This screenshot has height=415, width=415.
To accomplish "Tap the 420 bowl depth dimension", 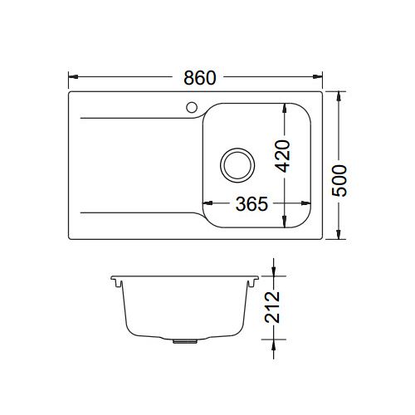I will tap(284, 155).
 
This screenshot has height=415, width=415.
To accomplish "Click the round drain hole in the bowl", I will tap(237, 163).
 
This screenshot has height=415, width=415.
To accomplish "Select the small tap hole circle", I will tap(190, 106).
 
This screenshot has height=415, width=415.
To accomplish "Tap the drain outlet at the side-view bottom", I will tap(180, 339).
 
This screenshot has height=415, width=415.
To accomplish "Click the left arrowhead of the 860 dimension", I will tap(71, 78).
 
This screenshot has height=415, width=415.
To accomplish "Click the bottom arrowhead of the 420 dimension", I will tap(285, 222).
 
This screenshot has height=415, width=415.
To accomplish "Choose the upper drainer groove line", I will tap(137, 115).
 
